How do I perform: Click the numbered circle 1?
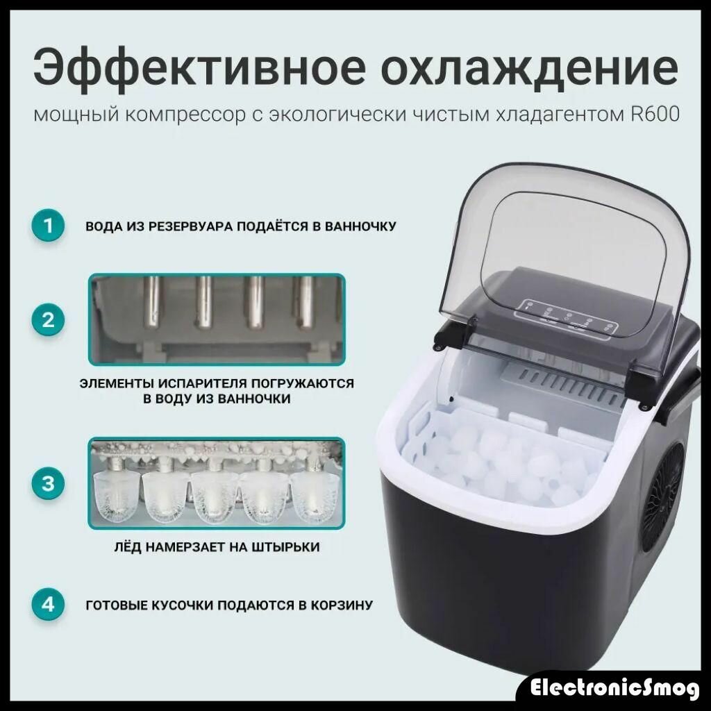(47, 226)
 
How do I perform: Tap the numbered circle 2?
(47, 321)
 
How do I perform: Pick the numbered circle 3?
(47, 482)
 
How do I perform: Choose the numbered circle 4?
(47, 603)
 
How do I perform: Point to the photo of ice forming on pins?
(216, 482)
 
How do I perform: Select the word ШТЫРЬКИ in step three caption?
(289, 547)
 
